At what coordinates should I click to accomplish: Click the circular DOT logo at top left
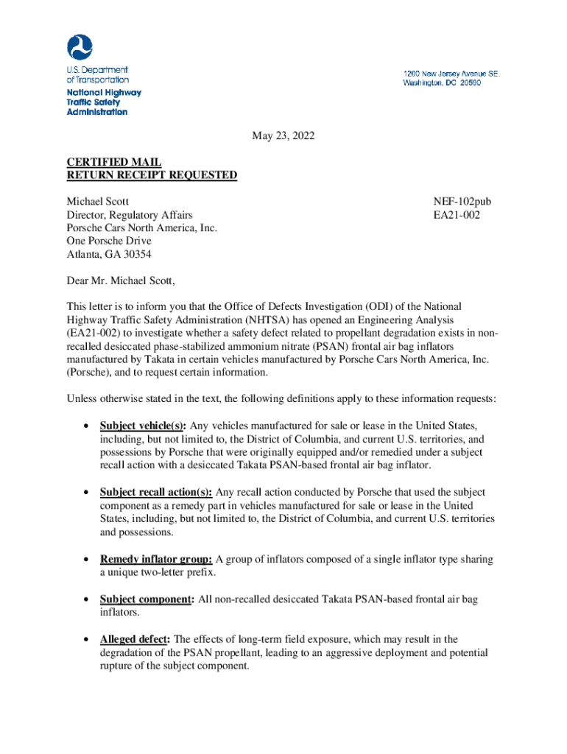click(x=80, y=49)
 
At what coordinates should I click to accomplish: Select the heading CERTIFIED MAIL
click(x=114, y=162)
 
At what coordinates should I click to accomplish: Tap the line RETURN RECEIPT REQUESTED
click(x=152, y=175)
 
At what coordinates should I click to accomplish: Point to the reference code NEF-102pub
click(x=462, y=201)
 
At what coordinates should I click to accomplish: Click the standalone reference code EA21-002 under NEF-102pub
click(x=457, y=215)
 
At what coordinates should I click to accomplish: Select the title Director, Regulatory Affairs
click(x=130, y=215)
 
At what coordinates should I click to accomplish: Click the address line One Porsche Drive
click(x=109, y=242)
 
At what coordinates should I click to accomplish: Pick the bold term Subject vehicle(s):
click(x=144, y=426)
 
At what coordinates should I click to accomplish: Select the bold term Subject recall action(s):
click(x=156, y=492)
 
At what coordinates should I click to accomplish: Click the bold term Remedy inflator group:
click(x=156, y=560)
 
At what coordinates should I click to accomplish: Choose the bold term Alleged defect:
click(x=135, y=639)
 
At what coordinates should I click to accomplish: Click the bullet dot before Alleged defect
click(x=88, y=640)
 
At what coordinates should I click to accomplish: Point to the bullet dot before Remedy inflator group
click(x=88, y=560)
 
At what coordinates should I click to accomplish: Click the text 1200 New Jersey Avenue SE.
click(x=451, y=74)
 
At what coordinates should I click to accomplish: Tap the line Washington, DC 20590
click(x=442, y=83)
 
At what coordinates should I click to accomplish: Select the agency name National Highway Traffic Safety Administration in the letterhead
click(x=103, y=102)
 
